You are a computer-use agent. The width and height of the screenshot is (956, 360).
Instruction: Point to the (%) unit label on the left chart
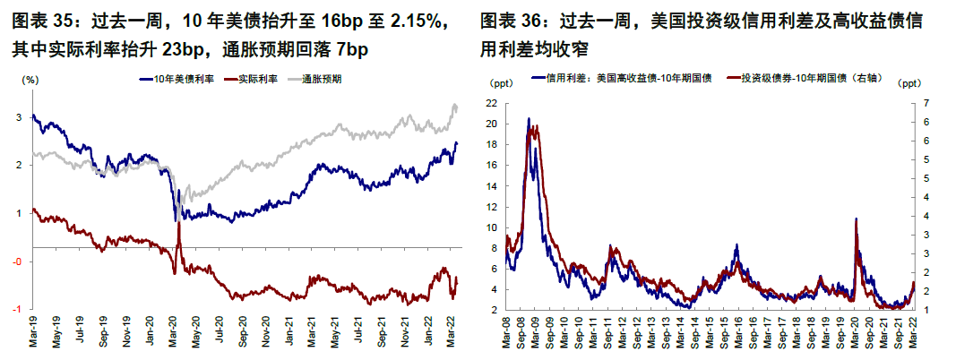click(29, 80)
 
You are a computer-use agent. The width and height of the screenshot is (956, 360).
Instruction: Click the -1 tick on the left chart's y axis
click(21, 309)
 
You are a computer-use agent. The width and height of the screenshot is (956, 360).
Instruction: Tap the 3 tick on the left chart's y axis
click(21, 117)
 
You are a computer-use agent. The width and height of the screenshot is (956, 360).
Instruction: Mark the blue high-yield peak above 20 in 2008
click(529, 119)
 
